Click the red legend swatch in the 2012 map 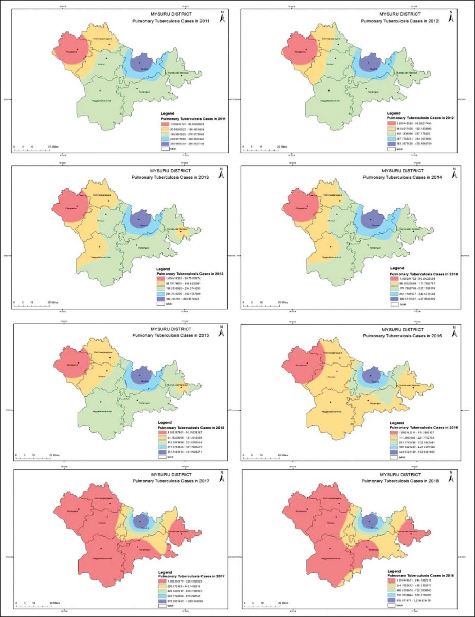pos(393,123)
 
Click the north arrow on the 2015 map pos(222,333)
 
